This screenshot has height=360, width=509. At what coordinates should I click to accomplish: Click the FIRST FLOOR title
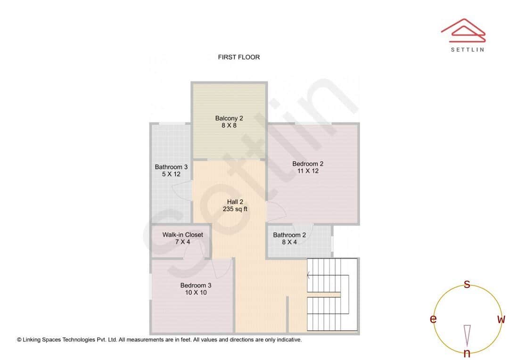click(x=238, y=57)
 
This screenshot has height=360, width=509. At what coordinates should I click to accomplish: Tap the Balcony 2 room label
click(x=229, y=118)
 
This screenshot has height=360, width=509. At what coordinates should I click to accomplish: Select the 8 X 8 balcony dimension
click(x=229, y=126)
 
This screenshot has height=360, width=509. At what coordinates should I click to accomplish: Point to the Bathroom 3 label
click(x=171, y=167)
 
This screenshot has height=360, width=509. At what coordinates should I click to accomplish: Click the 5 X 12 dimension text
click(x=171, y=174)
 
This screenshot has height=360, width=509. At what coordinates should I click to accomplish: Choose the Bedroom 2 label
click(x=308, y=164)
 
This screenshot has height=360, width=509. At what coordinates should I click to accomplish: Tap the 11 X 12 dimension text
click(x=308, y=171)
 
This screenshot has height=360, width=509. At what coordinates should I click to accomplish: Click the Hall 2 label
click(x=235, y=202)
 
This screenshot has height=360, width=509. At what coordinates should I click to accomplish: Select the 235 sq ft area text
click(x=235, y=209)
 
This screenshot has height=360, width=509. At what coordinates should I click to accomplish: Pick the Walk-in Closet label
click(x=183, y=235)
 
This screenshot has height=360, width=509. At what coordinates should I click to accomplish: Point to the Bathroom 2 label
click(x=289, y=235)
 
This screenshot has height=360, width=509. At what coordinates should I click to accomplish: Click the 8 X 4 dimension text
click(x=289, y=242)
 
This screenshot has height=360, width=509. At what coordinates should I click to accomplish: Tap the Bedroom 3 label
click(x=196, y=285)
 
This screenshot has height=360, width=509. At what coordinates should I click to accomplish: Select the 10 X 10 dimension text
click(x=196, y=293)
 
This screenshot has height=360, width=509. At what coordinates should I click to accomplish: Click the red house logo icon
click(x=463, y=29)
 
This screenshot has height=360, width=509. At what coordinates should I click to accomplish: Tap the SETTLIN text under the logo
click(x=467, y=49)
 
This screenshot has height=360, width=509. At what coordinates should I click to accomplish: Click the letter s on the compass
click(x=467, y=284)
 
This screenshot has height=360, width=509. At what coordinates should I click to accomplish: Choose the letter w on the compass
click(x=501, y=319)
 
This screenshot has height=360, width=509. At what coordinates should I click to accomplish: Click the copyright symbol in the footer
click(x=19, y=339)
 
